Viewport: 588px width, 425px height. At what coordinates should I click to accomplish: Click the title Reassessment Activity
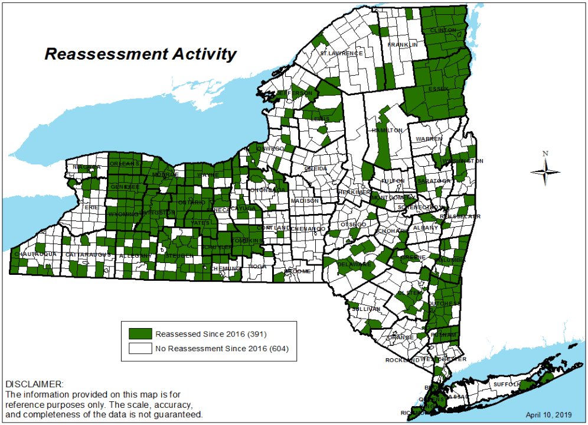click(x=141, y=54)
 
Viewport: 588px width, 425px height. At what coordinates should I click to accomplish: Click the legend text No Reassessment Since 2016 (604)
click(x=222, y=349)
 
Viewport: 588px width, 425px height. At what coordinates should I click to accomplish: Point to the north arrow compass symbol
click(x=545, y=171)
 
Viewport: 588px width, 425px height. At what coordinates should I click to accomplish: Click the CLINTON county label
click(x=443, y=30)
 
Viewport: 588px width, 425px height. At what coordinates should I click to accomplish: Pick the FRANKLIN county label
click(x=403, y=45)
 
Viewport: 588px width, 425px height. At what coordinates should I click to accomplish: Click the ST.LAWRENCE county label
click(x=341, y=53)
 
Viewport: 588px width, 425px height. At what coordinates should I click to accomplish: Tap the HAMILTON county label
click(x=387, y=130)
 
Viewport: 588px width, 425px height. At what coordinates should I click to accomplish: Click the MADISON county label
click(x=305, y=201)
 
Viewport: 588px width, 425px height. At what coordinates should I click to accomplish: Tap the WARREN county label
click(x=429, y=138)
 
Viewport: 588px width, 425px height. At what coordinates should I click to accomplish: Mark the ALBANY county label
click(x=426, y=228)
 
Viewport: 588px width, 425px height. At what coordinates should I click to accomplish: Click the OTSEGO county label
click(x=353, y=225)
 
